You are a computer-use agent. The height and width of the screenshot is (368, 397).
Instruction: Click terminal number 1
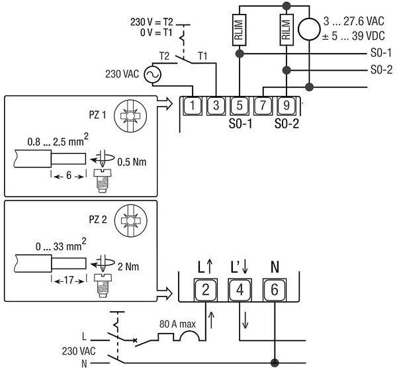click(193, 105)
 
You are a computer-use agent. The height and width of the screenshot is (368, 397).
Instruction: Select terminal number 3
click(216, 105)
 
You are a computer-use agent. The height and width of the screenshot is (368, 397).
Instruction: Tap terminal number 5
click(240, 105)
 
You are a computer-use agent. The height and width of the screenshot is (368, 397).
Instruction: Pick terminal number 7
click(263, 105)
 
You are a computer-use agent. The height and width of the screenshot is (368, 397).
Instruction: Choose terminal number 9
click(286, 105)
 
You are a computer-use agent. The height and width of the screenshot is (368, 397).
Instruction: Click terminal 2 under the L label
click(205, 290)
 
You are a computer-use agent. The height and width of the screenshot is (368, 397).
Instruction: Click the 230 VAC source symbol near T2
click(150, 75)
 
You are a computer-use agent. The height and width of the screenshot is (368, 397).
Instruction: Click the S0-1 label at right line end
click(380, 53)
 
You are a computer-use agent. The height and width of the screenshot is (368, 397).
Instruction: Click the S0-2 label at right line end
click(380, 69)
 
